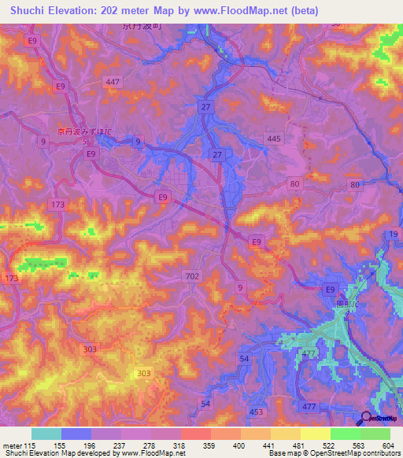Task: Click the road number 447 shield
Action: click(113, 82)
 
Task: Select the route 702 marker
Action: click(192, 276)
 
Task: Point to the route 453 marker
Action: click(257, 412)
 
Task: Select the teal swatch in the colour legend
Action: click(46, 434)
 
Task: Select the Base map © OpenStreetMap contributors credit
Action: click(333, 453)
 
